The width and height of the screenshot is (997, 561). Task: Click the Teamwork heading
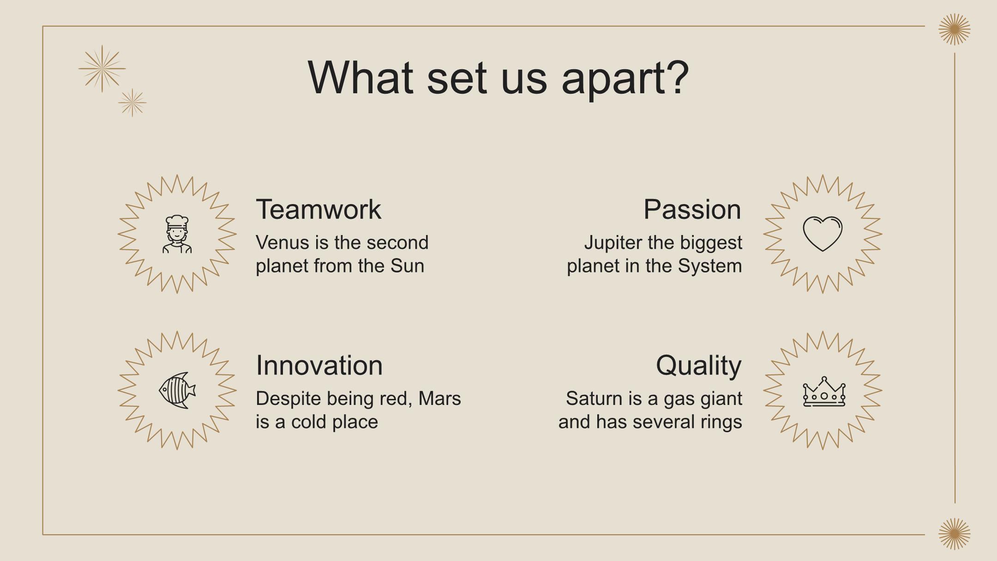(x=318, y=209)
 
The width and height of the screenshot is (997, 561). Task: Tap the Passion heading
(x=692, y=209)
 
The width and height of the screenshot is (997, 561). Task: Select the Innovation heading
(x=319, y=365)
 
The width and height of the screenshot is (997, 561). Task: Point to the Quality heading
(x=699, y=366)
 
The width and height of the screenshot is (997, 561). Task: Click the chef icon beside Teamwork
(x=177, y=234)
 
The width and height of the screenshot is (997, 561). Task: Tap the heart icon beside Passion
(x=823, y=234)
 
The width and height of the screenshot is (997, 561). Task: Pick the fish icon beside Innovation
(x=177, y=390)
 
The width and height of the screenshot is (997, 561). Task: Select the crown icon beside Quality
(x=824, y=392)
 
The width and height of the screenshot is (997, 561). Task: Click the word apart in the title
(x=625, y=78)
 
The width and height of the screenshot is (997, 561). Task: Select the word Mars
(x=439, y=398)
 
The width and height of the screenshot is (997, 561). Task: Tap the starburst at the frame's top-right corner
(x=955, y=29)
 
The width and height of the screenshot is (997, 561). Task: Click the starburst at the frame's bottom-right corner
(x=955, y=534)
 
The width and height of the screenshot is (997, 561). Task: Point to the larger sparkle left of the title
(x=102, y=69)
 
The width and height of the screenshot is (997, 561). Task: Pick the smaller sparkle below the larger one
(x=132, y=103)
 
